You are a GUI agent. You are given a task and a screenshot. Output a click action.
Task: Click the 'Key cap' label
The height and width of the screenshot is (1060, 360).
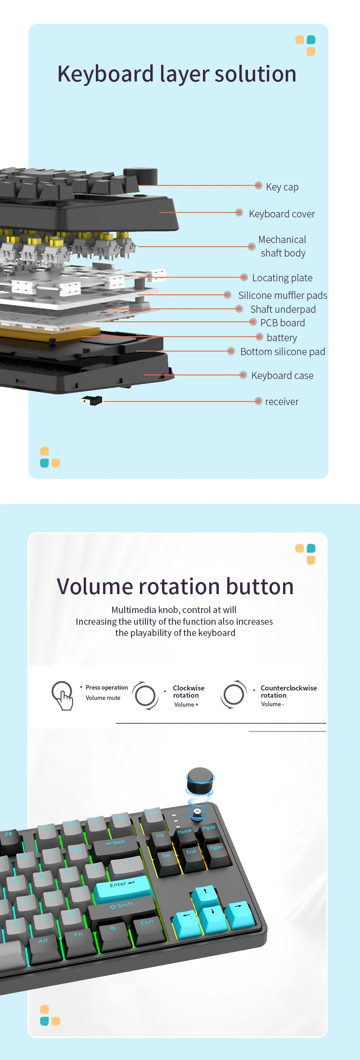(x=282, y=187)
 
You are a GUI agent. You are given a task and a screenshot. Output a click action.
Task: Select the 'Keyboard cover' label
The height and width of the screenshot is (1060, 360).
(x=282, y=214)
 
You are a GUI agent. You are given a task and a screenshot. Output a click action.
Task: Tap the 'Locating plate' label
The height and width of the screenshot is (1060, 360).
(x=282, y=278)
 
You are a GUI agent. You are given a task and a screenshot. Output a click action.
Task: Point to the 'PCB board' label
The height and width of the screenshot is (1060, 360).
(x=283, y=323)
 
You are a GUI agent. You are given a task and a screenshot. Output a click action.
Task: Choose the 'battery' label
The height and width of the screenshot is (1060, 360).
(x=282, y=338)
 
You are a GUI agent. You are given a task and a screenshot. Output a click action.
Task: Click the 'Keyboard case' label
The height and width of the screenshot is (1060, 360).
(x=282, y=375)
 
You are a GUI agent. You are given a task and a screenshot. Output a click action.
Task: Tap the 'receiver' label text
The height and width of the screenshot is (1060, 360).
(x=282, y=401)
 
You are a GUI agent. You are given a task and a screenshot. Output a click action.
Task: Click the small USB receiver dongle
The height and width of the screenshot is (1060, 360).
(x=92, y=400)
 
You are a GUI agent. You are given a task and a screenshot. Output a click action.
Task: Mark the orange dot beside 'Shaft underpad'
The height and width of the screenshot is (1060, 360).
(x=239, y=309)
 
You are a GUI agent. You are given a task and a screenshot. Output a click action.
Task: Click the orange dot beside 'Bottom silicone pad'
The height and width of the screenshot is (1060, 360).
(x=231, y=351)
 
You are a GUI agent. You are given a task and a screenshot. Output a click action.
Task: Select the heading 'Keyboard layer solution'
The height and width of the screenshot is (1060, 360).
(x=177, y=74)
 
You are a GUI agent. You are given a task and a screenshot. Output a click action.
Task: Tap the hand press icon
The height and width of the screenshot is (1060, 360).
(x=63, y=695)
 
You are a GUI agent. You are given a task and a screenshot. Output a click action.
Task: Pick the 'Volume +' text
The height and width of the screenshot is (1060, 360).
(x=186, y=704)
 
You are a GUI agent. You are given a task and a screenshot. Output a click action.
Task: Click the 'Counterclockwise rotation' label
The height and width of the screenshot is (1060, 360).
(x=288, y=691)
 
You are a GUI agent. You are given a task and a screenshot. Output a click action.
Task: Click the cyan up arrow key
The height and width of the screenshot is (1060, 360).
(x=206, y=894)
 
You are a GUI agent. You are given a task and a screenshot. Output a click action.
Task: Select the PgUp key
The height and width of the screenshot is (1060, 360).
(x=209, y=830)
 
